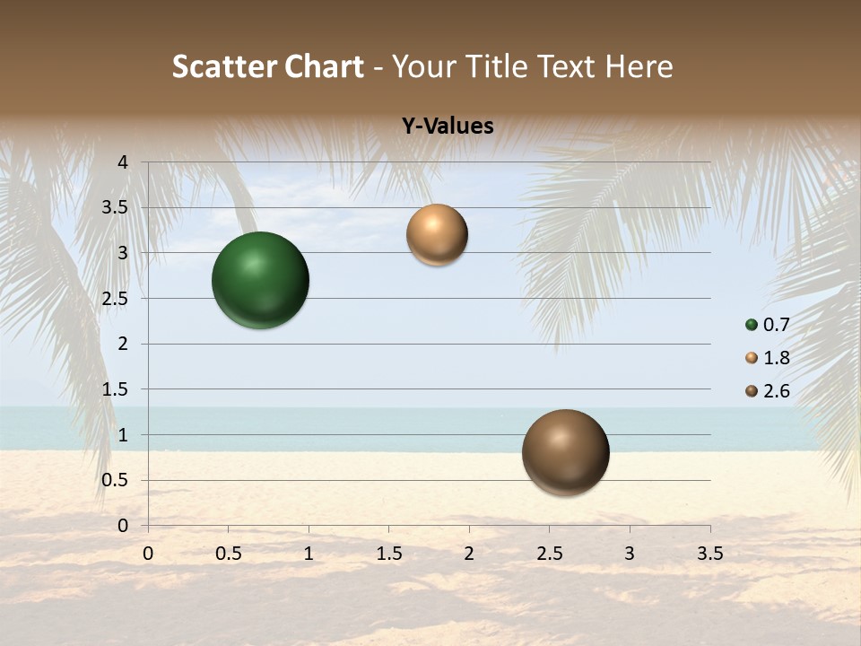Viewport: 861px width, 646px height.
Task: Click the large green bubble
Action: [x=261, y=280]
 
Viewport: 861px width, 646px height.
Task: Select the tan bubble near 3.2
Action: [x=437, y=235]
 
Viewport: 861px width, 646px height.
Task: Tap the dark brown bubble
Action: [x=565, y=453]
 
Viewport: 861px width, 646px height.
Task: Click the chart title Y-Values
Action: [x=448, y=127]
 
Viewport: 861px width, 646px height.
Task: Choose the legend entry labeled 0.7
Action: [x=768, y=325]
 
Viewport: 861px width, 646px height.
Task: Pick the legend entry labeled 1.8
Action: [x=768, y=358]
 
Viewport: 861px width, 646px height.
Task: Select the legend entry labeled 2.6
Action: [x=768, y=391]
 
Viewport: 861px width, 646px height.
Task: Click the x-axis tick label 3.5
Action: [x=709, y=554]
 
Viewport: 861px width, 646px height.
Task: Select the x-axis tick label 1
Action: [x=309, y=554]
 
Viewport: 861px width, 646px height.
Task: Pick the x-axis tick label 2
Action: [x=469, y=554]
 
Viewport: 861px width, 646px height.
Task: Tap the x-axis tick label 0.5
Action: [x=229, y=554]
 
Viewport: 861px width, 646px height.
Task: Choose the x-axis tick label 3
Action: [x=630, y=554]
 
